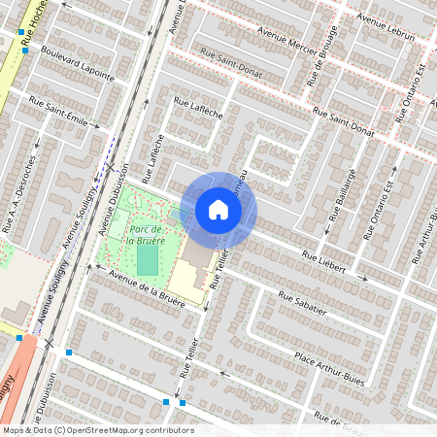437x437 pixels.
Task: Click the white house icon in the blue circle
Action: (218, 210)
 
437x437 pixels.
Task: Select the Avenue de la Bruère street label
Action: (147, 285)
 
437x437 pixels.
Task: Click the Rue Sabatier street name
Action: (302, 304)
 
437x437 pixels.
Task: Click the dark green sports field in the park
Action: (147, 259)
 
